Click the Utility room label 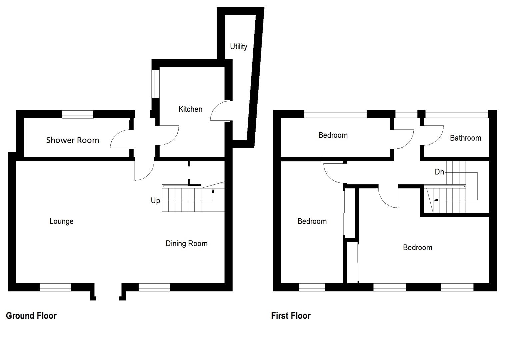click(239, 47)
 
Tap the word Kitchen click(190, 109)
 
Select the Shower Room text click(73, 140)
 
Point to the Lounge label click(61, 221)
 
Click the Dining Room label click(186, 244)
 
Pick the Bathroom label click(465, 138)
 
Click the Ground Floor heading click(31, 316)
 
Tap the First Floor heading click(291, 316)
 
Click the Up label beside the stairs click(155, 201)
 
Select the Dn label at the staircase click(439, 172)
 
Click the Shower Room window click(78, 114)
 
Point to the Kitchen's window click(155, 84)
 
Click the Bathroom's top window click(456, 114)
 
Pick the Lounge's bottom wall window click(55, 287)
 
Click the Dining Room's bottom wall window click(154, 287)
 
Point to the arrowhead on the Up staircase click(213, 191)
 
